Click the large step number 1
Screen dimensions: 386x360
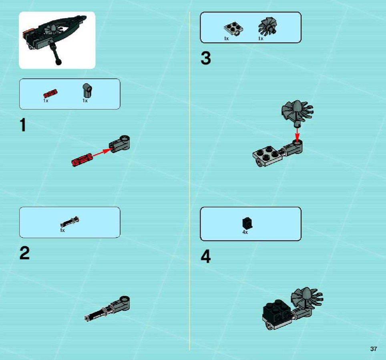[23, 125]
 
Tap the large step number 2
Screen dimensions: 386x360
[24, 253]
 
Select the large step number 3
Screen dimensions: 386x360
[206, 58]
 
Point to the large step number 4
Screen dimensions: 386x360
[206, 256]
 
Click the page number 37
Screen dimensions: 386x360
[374, 349]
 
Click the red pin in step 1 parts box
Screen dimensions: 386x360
[50, 94]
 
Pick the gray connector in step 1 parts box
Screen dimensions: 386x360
[87, 90]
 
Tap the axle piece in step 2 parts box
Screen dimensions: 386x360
[70, 222]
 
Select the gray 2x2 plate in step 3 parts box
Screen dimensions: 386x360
[233, 30]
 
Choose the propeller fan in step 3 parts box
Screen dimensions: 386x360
[268, 26]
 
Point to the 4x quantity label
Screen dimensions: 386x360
[245, 232]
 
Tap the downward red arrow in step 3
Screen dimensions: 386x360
[298, 134]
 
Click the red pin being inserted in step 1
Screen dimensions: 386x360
[82, 160]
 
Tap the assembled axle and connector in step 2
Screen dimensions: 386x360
[107, 309]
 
